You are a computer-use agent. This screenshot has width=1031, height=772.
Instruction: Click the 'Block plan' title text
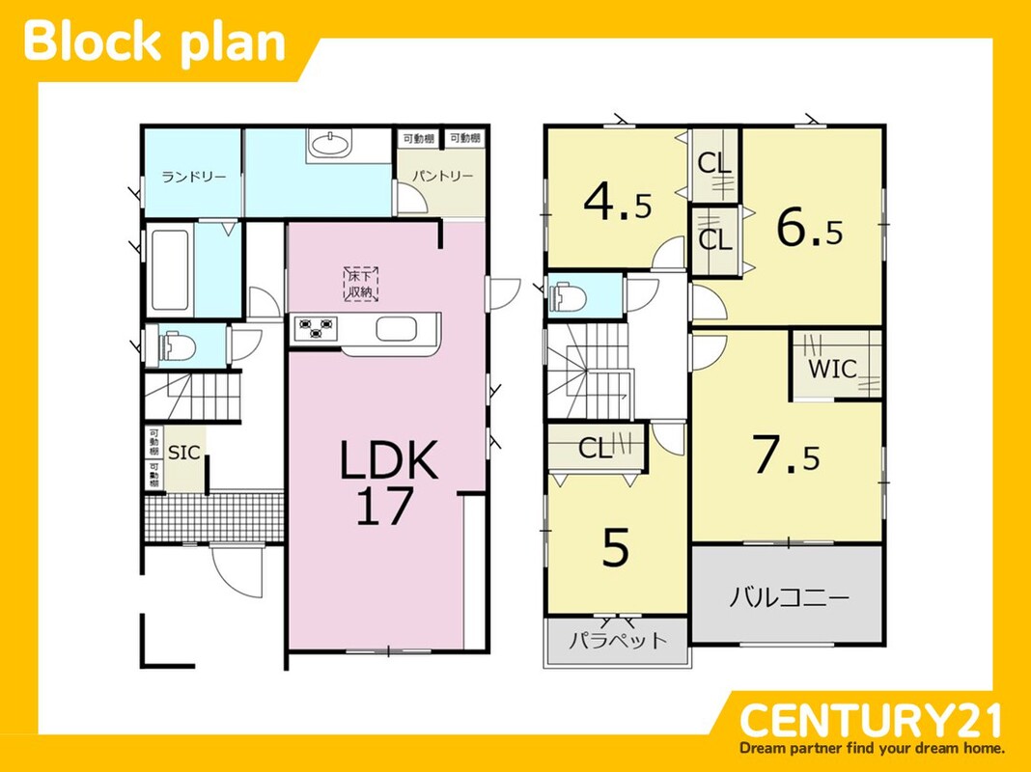154,42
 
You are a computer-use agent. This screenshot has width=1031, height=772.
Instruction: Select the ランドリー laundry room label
193,177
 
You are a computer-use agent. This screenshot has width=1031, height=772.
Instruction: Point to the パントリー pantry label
442,176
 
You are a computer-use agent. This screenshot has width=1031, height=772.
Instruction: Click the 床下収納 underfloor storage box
361,284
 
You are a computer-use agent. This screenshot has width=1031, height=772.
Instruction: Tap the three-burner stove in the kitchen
317,328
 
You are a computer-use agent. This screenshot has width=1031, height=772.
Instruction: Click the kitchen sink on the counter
397,328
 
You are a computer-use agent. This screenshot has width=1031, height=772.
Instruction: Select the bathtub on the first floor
170,271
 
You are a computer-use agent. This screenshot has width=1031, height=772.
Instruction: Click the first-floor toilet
176,345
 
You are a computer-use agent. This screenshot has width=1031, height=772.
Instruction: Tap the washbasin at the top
329,143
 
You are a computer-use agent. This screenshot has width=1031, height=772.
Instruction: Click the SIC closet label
184,453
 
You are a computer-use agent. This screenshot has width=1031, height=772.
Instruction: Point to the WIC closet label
832,369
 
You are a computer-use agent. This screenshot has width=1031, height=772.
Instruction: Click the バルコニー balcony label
789,597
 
